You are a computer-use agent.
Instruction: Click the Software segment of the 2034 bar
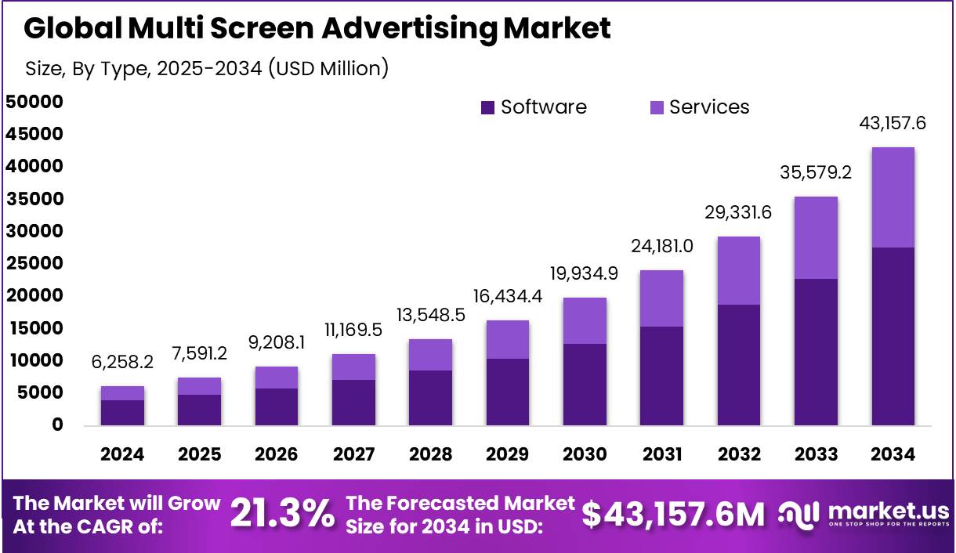tap(893, 337)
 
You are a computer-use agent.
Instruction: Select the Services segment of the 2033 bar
tap(816, 237)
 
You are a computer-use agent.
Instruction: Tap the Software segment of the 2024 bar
tap(122, 413)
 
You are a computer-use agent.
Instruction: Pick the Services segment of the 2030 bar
tap(585, 320)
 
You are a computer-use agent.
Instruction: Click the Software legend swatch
tap(487, 108)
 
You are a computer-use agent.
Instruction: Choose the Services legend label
tap(709, 107)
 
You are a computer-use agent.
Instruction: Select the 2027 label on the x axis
tap(353, 454)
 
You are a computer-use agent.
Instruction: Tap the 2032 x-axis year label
tap(739, 454)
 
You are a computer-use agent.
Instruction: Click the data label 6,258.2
tap(122, 362)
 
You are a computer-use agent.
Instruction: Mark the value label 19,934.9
tap(585, 273)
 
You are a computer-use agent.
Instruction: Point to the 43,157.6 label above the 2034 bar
tap(893, 123)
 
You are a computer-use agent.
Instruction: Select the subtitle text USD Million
tap(328, 68)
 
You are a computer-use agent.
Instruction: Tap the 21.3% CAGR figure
tap(282, 515)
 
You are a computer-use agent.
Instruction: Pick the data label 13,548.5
tap(430, 315)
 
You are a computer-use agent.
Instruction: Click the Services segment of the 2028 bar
tap(430, 355)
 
